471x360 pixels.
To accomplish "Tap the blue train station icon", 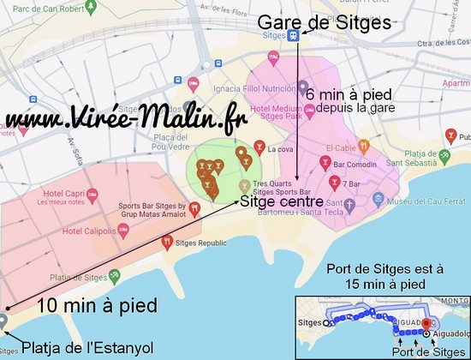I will [x=294, y=35].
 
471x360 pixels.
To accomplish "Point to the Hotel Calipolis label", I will [x=87, y=231].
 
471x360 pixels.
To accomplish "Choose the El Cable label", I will [x=338, y=147].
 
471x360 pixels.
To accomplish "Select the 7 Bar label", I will [x=350, y=183].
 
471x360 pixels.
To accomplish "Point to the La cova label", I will [x=279, y=149].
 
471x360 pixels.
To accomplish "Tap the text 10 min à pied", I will [x=97, y=305].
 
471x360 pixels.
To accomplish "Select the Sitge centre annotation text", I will [x=282, y=202].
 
